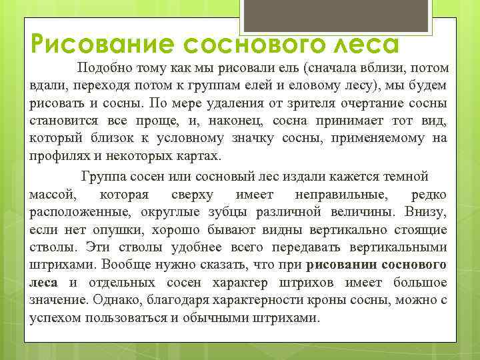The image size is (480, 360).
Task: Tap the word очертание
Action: click(x=351, y=103)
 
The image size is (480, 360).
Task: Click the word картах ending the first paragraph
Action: click(x=199, y=155)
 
